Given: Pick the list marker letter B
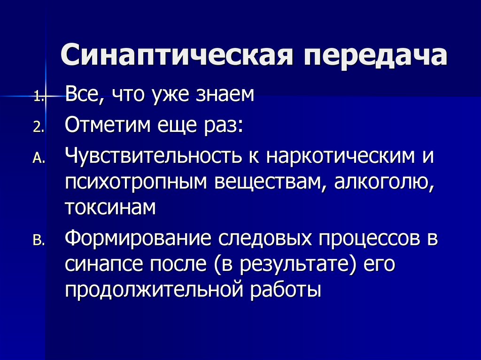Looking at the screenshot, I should [38, 241].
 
